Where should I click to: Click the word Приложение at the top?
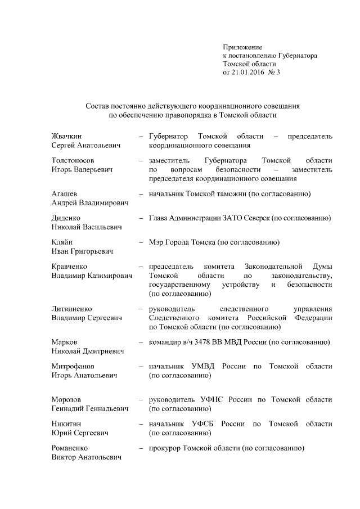242,47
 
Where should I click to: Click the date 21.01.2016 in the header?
249,73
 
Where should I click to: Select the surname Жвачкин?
67,137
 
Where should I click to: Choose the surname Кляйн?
62,242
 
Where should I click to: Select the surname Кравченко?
69,267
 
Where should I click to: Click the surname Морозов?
66,399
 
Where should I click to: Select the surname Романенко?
70,448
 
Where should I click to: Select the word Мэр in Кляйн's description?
156,242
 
